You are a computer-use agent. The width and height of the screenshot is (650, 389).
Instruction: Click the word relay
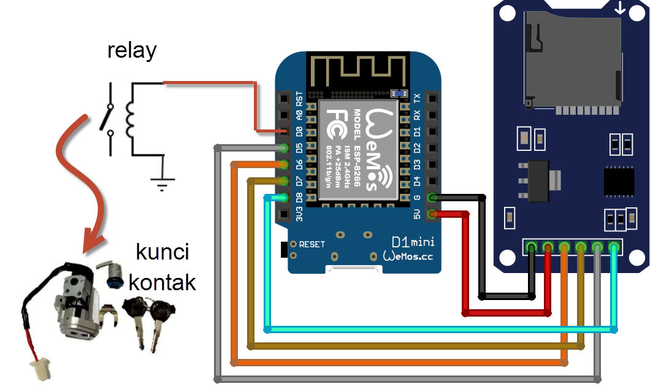pyautogui.click(x=132, y=50)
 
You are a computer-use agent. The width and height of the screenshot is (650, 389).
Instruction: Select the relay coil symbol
pyautogui.click(x=130, y=118)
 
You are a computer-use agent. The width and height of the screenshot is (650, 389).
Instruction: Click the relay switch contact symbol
pyautogui.click(x=108, y=118)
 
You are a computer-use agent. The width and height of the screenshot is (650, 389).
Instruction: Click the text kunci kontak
pyautogui.click(x=162, y=268)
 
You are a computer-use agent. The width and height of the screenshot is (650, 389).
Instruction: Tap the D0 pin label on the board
pyautogui.click(x=299, y=131)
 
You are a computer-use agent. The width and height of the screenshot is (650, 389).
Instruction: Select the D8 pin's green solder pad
pyautogui.click(x=283, y=198)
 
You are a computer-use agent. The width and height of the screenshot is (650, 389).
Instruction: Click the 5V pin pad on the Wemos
pyautogui.click(x=433, y=214)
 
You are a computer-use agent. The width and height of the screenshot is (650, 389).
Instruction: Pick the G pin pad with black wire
pyautogui.click(x=433, y=198)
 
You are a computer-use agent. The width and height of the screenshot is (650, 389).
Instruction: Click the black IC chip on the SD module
pyautogui.click(x=621, y=180)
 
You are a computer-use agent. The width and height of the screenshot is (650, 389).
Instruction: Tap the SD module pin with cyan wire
pyautogui.click(x=614, y=247)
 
